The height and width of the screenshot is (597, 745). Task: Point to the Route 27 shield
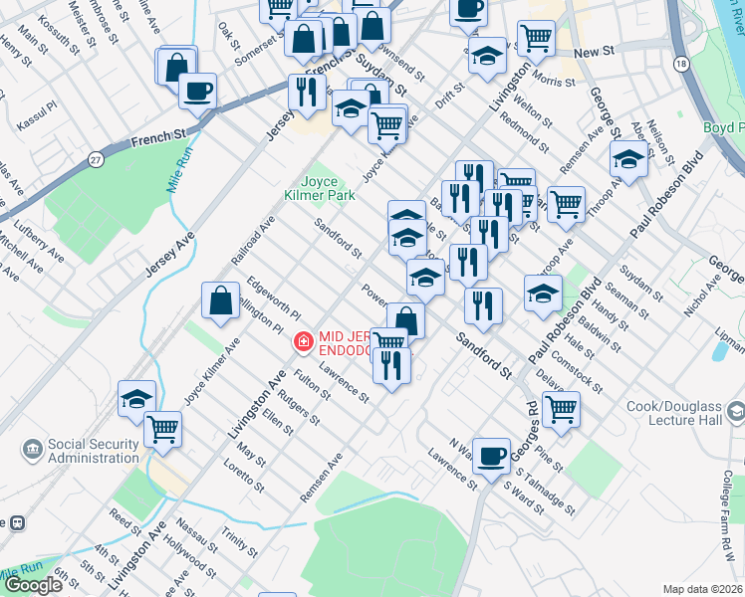click(96, 159)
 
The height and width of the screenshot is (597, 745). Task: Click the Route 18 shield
click(680, 64)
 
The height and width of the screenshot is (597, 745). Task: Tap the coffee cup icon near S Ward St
click(491, 456)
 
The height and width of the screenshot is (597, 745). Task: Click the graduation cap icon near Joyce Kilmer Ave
click(136, 399)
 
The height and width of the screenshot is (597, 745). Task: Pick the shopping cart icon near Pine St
click(561, 407)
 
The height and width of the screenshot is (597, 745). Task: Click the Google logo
click(33, 585)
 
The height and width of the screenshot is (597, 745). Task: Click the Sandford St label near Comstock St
click(483, 354)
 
